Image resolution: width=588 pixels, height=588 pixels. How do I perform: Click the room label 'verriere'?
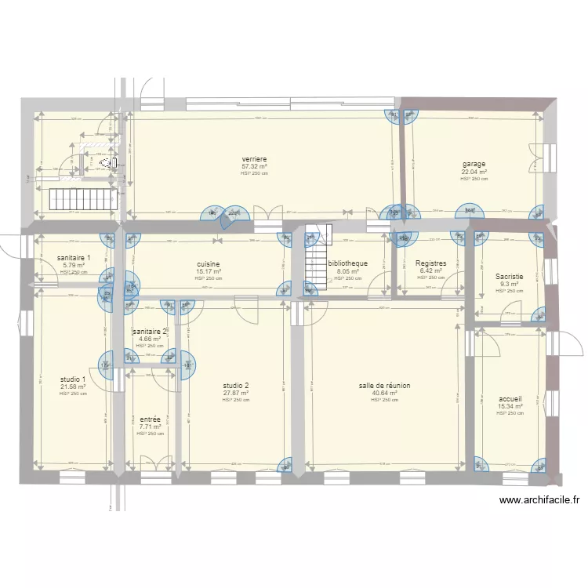(254, 159)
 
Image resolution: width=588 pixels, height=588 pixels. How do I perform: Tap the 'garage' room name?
(474, 165)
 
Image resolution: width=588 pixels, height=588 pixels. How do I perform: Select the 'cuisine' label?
(209, 264)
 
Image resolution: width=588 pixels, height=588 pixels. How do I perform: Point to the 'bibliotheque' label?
(348, 264)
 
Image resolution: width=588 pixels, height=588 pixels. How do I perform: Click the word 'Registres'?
(431, 264)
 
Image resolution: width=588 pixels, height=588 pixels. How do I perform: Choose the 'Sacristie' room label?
(509, 277)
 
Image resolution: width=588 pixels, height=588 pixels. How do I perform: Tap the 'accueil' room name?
(510, 398)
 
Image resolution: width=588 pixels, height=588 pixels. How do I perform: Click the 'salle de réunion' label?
(384, 386)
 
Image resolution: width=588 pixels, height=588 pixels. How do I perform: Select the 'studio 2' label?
(235, 386)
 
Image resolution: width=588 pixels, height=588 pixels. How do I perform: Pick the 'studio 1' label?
(73, 379)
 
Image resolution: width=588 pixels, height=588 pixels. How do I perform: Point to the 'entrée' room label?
(150, 419)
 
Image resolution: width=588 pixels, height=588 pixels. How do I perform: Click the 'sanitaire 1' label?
(74, 258)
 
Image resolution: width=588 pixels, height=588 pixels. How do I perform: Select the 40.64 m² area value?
(384, 394)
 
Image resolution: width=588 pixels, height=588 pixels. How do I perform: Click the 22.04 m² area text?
(474, 172)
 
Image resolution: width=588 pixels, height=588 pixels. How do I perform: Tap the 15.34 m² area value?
(510, 406)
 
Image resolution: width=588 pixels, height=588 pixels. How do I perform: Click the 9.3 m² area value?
(509, 285)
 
